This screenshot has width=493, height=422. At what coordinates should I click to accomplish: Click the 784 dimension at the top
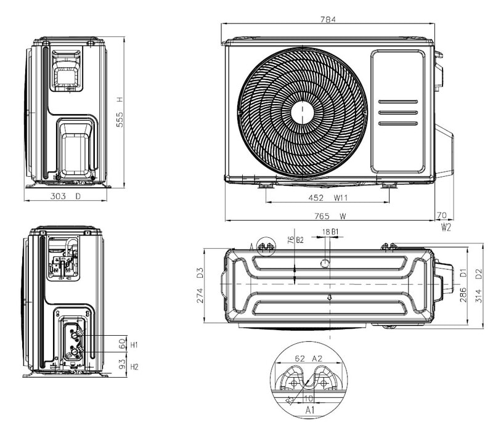(x=328, y=20)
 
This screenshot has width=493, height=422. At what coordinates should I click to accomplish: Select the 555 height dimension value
(x=121, y=119)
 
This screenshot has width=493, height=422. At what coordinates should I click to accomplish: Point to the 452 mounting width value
(x=316, y=198)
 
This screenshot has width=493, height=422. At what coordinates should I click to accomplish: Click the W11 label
(x=341, y=198)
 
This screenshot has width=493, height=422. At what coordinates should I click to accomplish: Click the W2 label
(x=446, y=227)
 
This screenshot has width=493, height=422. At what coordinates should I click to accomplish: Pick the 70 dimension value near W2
(x=441, y=216)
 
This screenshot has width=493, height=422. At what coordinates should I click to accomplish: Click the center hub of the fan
(x=303, y=113)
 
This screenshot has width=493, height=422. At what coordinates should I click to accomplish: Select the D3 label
(x=200, y=272)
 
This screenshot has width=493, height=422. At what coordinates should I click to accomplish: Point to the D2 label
(x=478, y=272)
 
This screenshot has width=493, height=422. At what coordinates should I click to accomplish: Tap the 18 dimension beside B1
(x=326, y=232)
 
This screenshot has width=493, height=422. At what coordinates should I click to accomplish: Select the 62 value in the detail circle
(x=299, y=358)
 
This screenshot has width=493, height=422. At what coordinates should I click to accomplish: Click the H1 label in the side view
(x=134, y=344)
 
